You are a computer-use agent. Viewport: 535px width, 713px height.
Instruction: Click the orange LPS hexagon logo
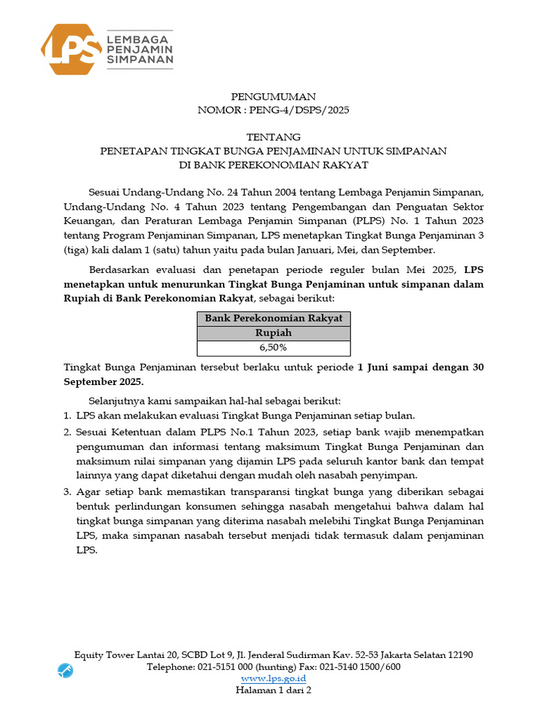point(71,49)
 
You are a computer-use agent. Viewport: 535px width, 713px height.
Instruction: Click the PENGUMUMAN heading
point(272,97)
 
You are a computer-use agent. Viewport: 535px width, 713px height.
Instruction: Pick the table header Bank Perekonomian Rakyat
point(273,318)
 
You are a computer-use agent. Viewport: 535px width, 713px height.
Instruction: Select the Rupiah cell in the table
point(273,333)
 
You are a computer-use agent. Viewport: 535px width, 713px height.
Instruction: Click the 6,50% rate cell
point(273,347)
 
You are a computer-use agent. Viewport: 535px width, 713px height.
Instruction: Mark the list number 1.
point(67,416)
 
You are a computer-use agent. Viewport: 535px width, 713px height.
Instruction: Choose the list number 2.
point(67,432)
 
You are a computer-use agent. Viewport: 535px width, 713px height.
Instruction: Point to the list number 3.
point(67,492)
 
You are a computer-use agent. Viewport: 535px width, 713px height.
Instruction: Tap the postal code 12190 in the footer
point(458,655)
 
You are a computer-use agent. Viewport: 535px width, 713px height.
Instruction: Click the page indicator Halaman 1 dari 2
point(273,690)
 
